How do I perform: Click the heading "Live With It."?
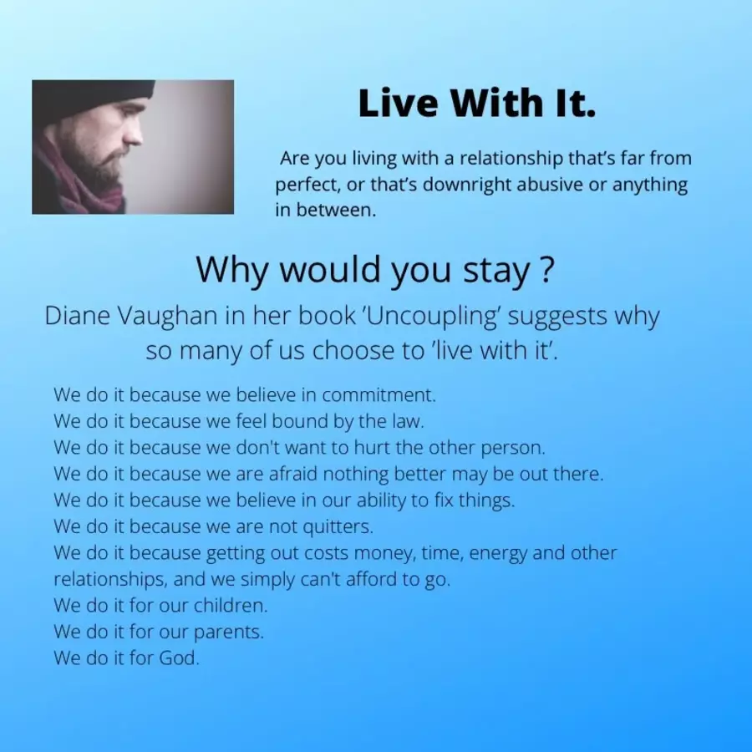point(477,103)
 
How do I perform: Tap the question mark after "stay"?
point(546,269)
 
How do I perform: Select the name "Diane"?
point(78,316)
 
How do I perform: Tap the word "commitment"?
point(379,394)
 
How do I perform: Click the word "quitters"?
point(338,526)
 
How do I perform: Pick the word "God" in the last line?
point(179,658)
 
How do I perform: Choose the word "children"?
point(231,605)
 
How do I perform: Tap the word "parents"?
point(229,633)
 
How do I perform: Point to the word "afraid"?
point(293,474)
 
